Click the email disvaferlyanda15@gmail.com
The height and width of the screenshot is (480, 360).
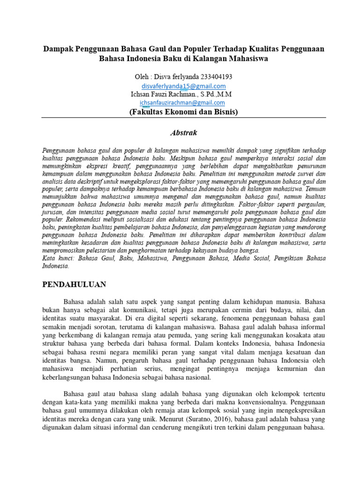pyautogui.click(x=184, y=86)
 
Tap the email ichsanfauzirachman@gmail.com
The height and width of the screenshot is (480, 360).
pyautogui.click(x=182, y=103)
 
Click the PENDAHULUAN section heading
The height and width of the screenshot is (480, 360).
pyautogui.click(x=75, y=284)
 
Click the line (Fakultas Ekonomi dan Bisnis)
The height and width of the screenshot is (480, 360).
pyautogui.click(x=184, y=112)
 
